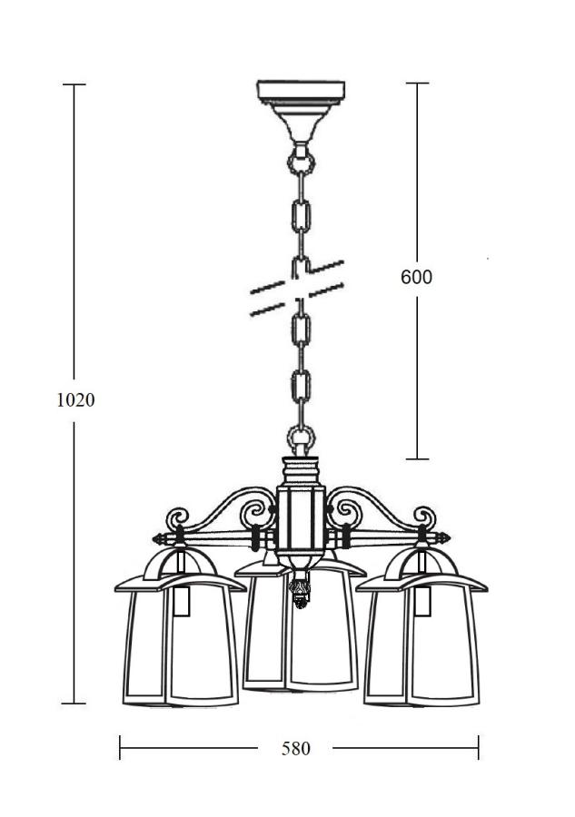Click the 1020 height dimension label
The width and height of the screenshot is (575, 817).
75,400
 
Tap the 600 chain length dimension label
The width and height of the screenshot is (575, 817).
417,277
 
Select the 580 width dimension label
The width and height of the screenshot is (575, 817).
295,748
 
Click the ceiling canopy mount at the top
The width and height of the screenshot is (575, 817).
301,111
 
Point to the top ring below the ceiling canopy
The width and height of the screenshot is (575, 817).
302,162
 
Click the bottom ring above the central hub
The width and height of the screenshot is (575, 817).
302,437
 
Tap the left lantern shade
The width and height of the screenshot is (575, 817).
180,640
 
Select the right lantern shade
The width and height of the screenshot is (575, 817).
422,640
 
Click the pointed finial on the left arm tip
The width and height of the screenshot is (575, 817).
159,538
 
